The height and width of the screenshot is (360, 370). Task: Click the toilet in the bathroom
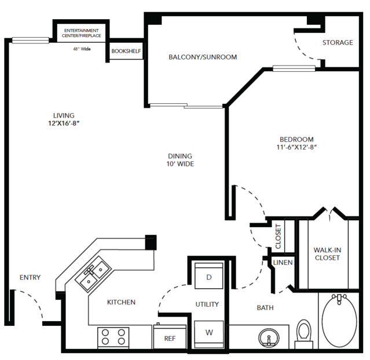(x=303, y=334)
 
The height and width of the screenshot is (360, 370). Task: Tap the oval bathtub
(x=339, y=321)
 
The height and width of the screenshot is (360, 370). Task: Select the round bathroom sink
(x=269, y=337)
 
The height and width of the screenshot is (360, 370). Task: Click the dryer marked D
(x=209, y=276)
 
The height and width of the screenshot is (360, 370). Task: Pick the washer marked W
(x=209, y=334)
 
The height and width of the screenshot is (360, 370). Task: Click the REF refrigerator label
(x=170, y=339)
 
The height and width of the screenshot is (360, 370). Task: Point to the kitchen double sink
(x=93, y=274)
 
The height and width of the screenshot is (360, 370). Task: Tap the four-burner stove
(x=113, y=337)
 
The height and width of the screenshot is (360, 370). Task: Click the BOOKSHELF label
(x=126, y=51)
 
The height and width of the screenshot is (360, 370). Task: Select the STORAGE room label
(x=338, y=42)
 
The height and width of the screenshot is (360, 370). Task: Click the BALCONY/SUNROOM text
(x=203, y=57)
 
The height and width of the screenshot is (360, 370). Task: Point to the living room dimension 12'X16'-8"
(x=64, y=123)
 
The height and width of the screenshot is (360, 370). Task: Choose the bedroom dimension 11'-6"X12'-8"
(x=296, y=147)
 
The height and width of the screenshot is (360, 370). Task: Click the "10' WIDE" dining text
(x=180, y=164)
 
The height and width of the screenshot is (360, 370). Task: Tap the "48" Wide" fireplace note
(x=82, y=49)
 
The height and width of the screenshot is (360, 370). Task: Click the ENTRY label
(x=30, y=277)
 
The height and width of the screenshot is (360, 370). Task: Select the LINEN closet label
(x=283, y=263)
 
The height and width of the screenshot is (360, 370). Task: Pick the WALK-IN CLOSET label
(x=327, y=254)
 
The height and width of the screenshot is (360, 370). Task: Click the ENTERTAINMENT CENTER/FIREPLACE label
(x=82, y=33)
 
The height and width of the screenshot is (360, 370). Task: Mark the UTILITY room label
(x=207, y=304)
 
